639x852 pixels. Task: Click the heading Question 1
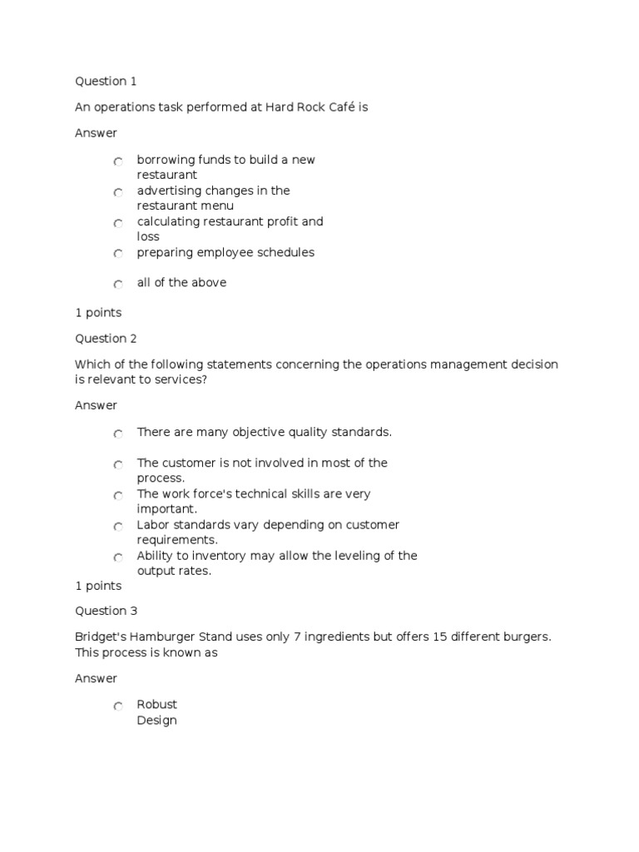click(106, 82)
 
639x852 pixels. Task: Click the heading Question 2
click(106, 339)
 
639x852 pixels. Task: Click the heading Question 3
click(106, 611)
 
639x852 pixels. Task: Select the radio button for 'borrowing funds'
click(119, 161)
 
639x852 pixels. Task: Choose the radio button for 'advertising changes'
click(119, 192)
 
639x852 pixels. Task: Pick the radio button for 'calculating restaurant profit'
click(119, 223)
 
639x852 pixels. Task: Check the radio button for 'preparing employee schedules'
click(119, 254)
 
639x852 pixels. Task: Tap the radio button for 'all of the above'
click(119, 285)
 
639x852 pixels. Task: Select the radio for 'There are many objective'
click(119, 433)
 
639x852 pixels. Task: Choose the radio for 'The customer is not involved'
click(119, 464)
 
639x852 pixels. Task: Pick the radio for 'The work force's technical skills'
click(119, 495)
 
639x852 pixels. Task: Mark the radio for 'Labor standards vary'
click(119, 526)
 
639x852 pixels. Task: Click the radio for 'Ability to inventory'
click(119, 557)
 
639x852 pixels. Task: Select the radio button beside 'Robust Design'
click(119, 706)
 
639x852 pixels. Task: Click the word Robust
click(157, 705)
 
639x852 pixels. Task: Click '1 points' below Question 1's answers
click(98, 313)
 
